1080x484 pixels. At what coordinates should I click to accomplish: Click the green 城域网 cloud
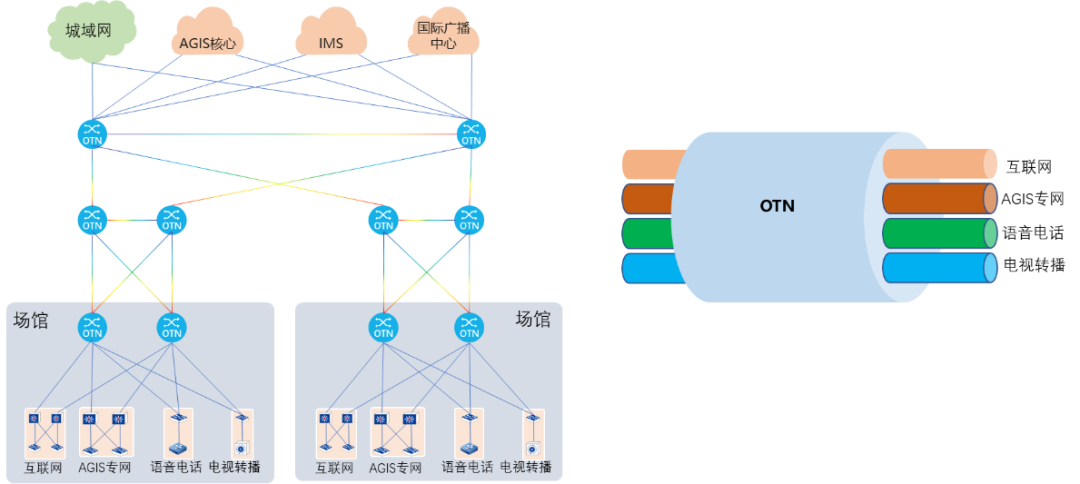[92, 33]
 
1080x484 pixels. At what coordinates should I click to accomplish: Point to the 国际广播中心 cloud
[443, 36]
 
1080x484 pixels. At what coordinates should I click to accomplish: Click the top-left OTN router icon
[92, 134]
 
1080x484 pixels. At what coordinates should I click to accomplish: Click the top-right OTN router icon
[470, 134]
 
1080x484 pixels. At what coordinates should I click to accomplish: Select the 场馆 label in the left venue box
[30, 320]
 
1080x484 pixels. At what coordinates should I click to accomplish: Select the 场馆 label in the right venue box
[532, 319]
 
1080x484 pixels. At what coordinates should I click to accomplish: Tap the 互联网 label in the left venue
[44, 468]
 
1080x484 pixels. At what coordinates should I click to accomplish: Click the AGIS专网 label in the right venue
[397, 468]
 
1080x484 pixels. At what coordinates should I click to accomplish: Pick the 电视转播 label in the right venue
[526, 468]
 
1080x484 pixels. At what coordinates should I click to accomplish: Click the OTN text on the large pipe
[777, 207]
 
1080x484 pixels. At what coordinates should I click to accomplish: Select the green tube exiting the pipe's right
[940, 233]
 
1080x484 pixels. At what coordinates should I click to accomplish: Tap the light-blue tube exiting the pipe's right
[940, 268]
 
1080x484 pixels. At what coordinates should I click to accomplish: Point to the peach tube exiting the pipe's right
[940, 164]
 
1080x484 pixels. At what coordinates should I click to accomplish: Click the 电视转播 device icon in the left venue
[240, 433]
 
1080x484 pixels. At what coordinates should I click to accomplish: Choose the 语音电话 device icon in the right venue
[469, 433]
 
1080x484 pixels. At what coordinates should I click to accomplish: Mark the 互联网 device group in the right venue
[336, 433]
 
